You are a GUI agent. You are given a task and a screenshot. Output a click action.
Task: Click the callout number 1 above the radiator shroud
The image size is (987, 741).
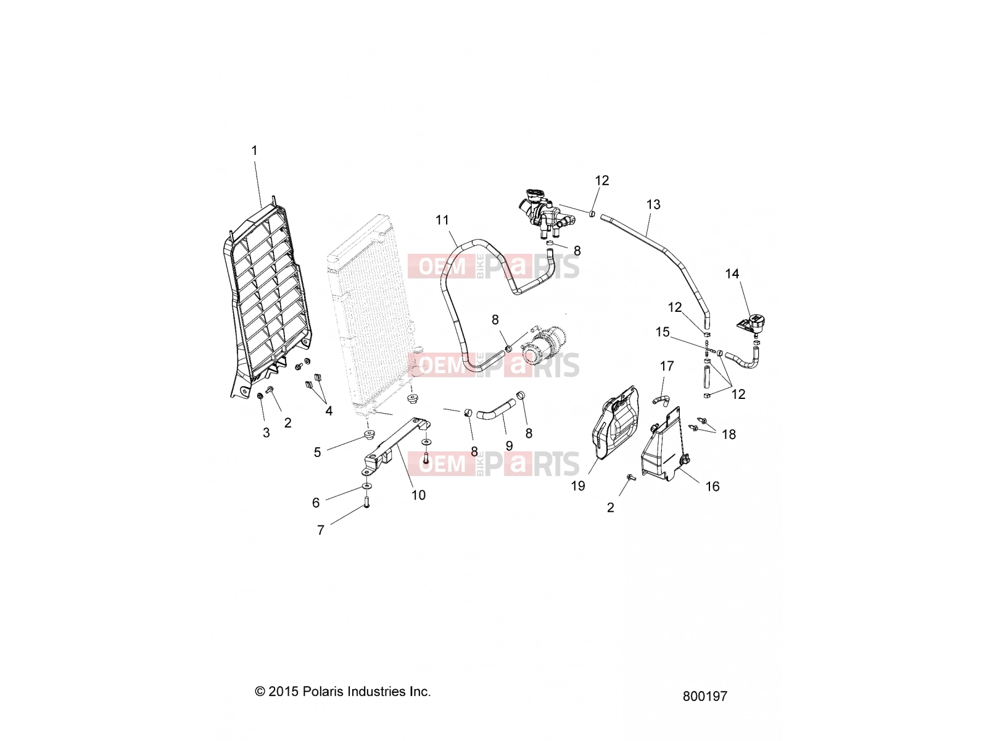click(x=254, y=151)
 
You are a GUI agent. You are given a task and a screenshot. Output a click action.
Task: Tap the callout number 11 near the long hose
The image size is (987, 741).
click(x=442, y=220)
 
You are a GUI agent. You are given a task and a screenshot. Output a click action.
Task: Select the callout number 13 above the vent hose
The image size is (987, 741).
click(x=653, y=205)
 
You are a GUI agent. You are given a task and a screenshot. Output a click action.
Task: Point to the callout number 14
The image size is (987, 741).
click(x=732, y=274)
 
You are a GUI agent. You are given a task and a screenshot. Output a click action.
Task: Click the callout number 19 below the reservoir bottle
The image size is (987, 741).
click(x=578, y=486)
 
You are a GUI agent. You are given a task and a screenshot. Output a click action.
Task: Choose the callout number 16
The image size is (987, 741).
click(x=712, y=487)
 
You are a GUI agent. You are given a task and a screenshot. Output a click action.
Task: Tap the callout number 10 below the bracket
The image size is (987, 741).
click(x=418, y=495)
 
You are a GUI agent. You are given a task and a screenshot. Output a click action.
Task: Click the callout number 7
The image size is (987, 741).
click(x=321, y=530)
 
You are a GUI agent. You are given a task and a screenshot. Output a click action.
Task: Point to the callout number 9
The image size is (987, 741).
click(x=509, y=446)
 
